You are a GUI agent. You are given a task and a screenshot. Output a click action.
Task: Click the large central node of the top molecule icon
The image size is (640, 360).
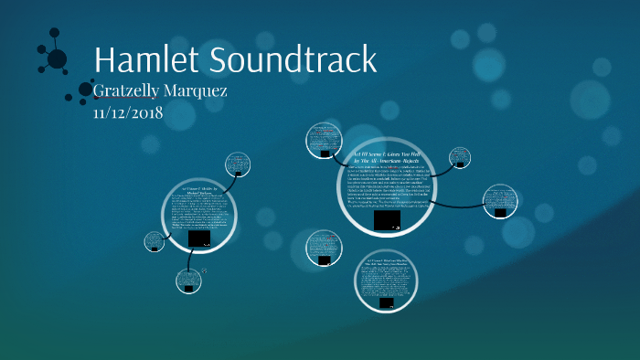tap(57, 59)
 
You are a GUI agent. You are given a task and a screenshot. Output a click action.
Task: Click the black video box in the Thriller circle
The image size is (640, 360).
tap(198, 238)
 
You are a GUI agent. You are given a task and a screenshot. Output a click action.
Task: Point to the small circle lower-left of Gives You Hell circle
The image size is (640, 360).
tap(324, 248)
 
